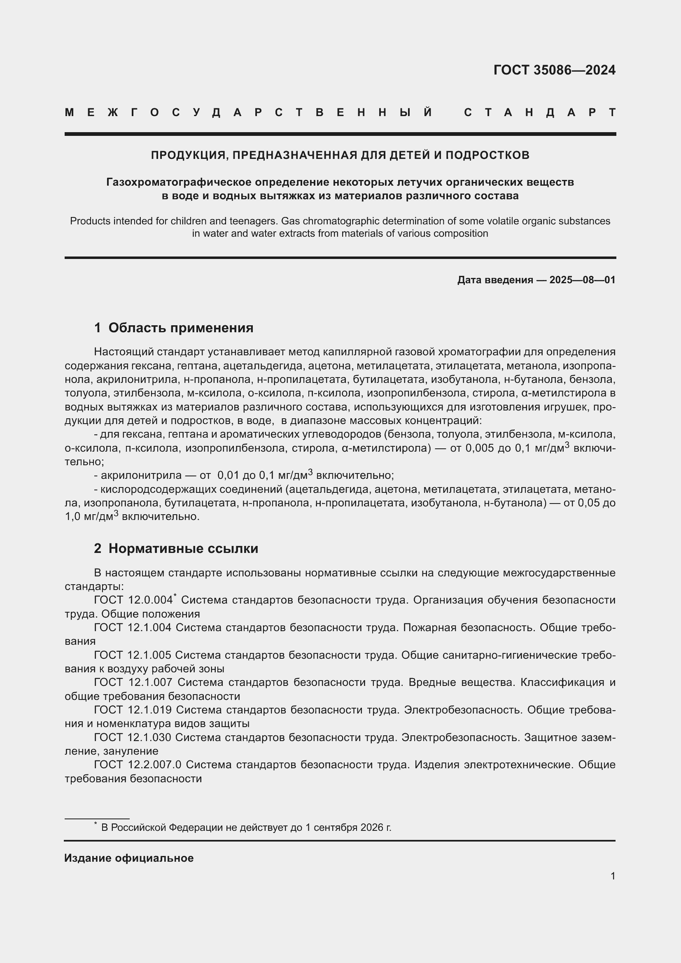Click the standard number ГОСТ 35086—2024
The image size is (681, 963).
pyautogui.click(x=554, y=70)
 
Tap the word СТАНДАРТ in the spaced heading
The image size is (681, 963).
pyautogui.click(x=540, y=112)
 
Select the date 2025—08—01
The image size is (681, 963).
pyautogui.click(x=582, y=280)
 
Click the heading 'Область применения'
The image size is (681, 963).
pyautogui.click(x=181, y=328)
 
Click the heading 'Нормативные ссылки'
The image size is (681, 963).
pyautogui.click(x=183, y=548)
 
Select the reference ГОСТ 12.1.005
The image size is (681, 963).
pyautogui.click(x=133, y=655)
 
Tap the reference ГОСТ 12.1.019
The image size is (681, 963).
pyautogui.click(x=133, y=710)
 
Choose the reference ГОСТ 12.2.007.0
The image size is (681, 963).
pyautogui.click(x=138, y=765)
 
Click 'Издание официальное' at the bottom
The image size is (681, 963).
pyautogui.click(x=129, y=858)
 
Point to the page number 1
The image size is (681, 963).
pyautogui.click(x=613, y=876)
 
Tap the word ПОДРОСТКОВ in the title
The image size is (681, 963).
pyautogui.click(x=487, y=155)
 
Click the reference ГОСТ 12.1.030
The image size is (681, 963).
pyautogui.click(x=133, y=737)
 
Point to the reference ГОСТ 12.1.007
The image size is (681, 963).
pyautogui.click(x=133, y=682)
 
